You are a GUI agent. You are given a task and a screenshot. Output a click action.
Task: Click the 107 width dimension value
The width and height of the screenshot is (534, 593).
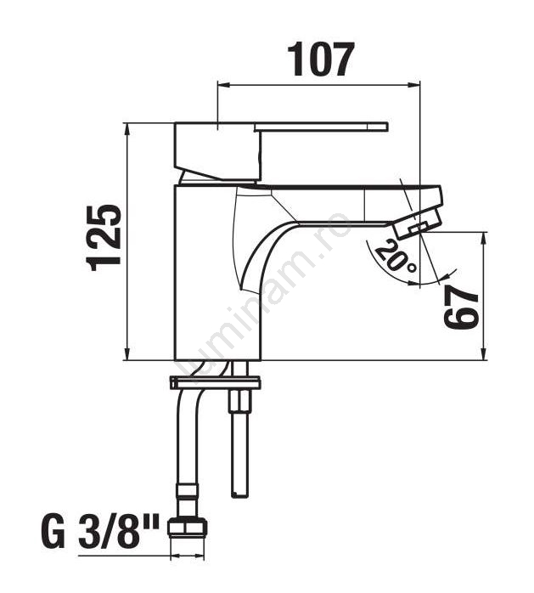pyautogui.click(x=321, y=59)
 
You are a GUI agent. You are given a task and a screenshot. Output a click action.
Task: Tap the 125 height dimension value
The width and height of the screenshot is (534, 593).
pyautogui.click(x=104, y=238)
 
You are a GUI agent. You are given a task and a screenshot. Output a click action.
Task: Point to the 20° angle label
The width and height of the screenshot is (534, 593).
pyautogui.click(x=395, y=256)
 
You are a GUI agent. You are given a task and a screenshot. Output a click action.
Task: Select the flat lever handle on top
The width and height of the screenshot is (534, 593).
pyautogui.click(x=321, y=127)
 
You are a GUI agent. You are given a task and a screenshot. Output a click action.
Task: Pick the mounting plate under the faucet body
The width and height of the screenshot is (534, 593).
pyautogui.click(x=215, y=382)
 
